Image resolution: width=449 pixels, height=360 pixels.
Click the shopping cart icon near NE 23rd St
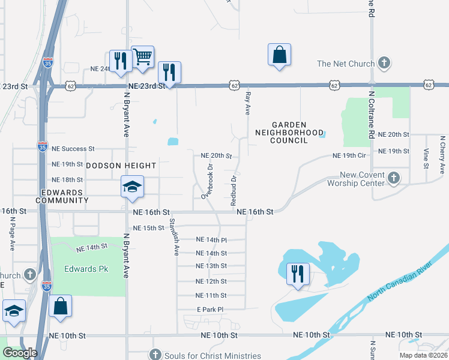(142, 58)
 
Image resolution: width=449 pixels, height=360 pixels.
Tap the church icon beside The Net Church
(384, 64)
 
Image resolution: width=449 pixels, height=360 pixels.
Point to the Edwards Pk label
(86, 269)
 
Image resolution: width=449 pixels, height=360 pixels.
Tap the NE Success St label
(73, 148)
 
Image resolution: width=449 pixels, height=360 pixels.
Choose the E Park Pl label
(210, 310)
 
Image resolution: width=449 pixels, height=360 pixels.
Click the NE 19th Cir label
(349, 155)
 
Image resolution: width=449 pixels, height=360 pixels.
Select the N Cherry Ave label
(442, 151)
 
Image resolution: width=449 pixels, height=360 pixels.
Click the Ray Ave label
(247, 103)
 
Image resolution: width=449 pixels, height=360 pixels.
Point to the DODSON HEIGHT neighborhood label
(121, 165)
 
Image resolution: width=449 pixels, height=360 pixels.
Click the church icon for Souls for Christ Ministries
(155, 355)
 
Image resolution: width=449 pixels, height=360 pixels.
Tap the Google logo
(20, 353)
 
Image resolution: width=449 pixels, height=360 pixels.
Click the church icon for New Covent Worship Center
(393, 178)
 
